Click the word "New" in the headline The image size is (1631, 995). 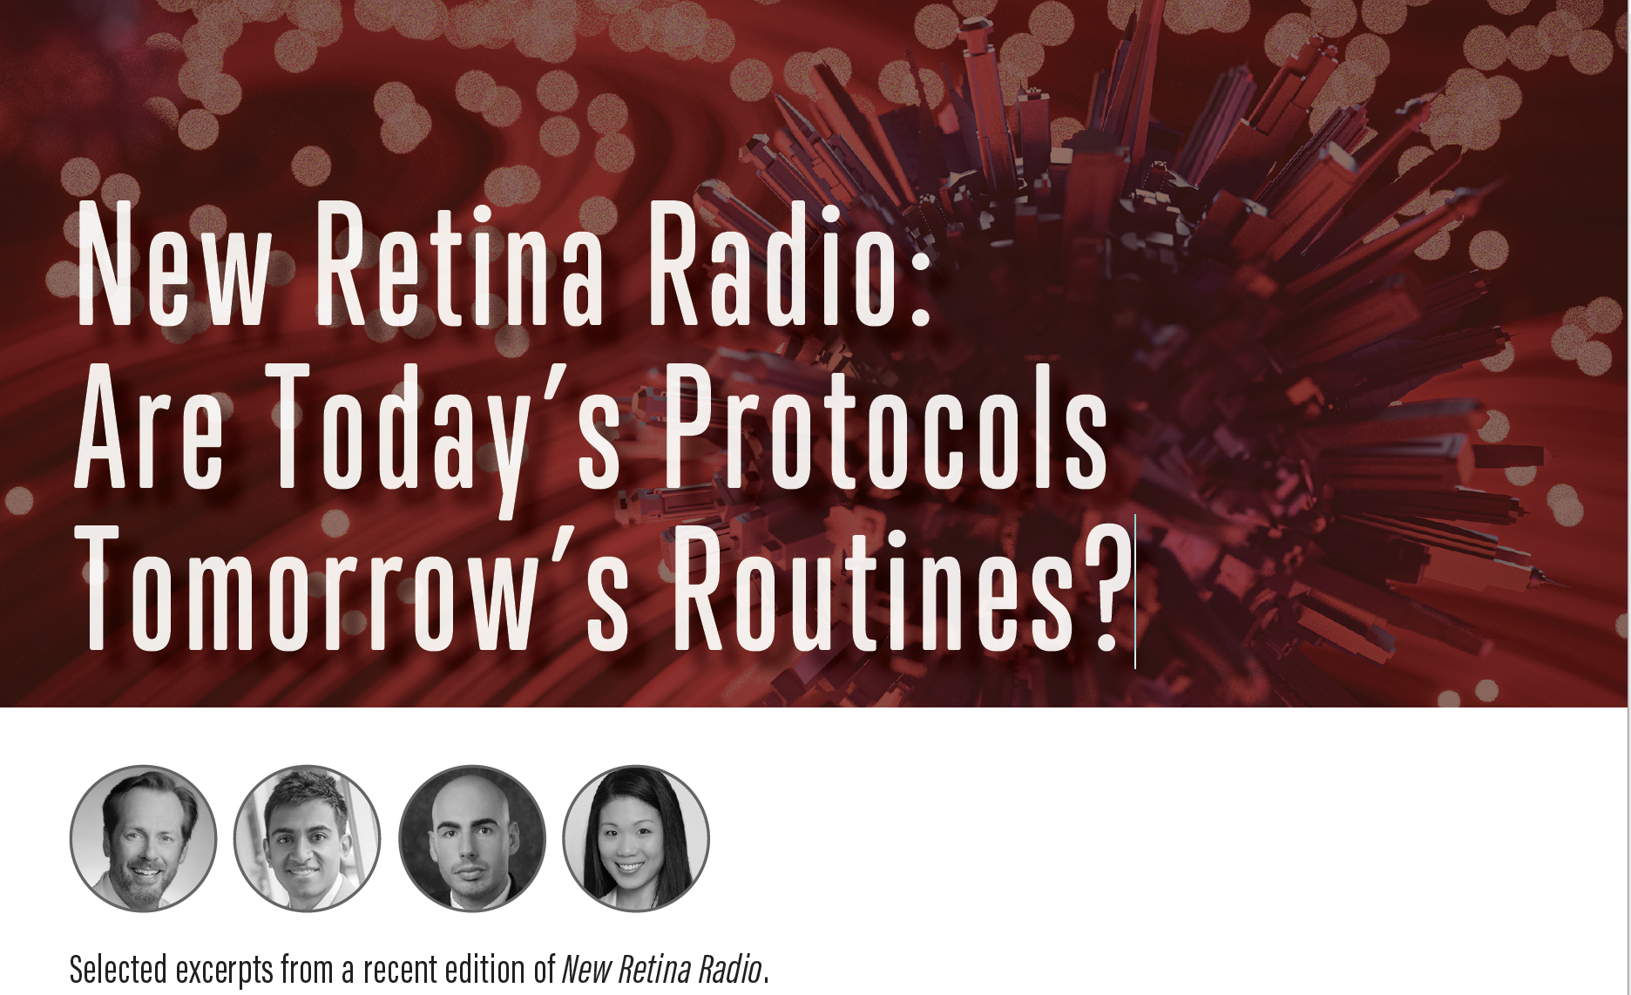coord(175,264)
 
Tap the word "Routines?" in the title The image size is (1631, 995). coord(903,587)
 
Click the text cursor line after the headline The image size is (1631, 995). coord(1135,592)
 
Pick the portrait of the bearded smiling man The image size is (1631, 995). coord(144,838)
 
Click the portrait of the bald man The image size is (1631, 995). coord(472,838)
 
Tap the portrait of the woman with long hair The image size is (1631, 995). coord(636,838)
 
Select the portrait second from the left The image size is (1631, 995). coord(308,838)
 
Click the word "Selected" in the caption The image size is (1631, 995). coord(118,969)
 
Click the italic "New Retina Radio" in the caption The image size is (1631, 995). coord(661,969)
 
